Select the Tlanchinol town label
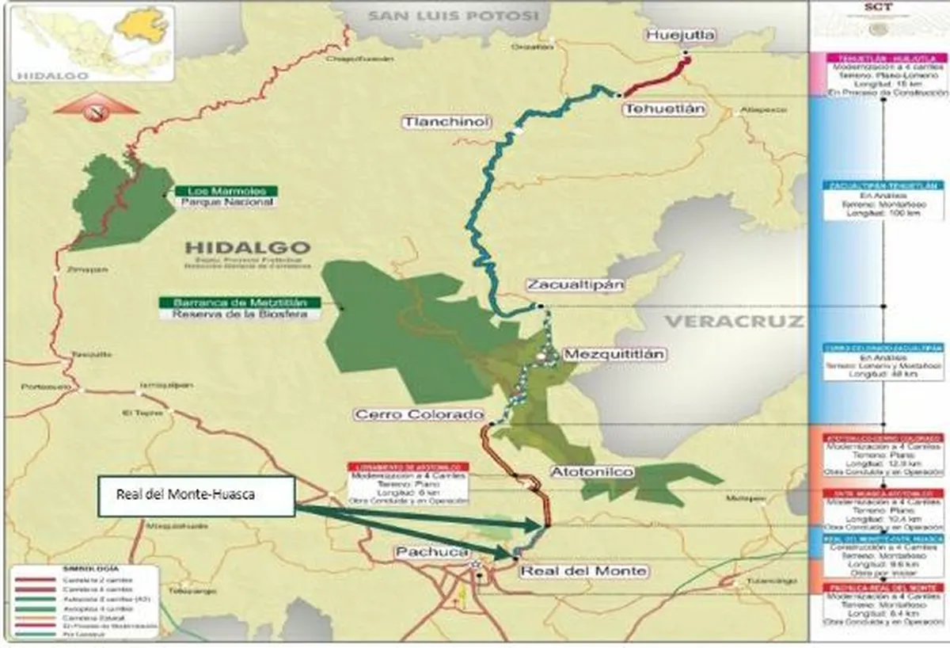[x=446, y=121]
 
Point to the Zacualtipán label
[x=575, y=285]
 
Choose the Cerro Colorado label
[x=418, y=414]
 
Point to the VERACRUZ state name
[x=733, y=322]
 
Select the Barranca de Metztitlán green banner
[x=239, y=302]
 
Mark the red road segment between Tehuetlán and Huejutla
[x=655, y=79]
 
